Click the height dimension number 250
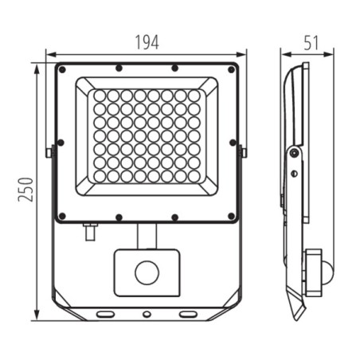click(x=27, y=190)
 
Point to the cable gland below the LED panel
click(x=90, y=232)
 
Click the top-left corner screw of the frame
click(x=60, y=69)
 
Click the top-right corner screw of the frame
click(x=232, y=69)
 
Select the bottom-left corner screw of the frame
click(x=60, y=215)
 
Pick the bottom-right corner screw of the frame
click(x=232, y=215)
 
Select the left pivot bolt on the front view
click(x=49, y=150)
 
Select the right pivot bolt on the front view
click(x=242, y=150)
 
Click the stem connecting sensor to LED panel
click(x=146, y=235)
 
